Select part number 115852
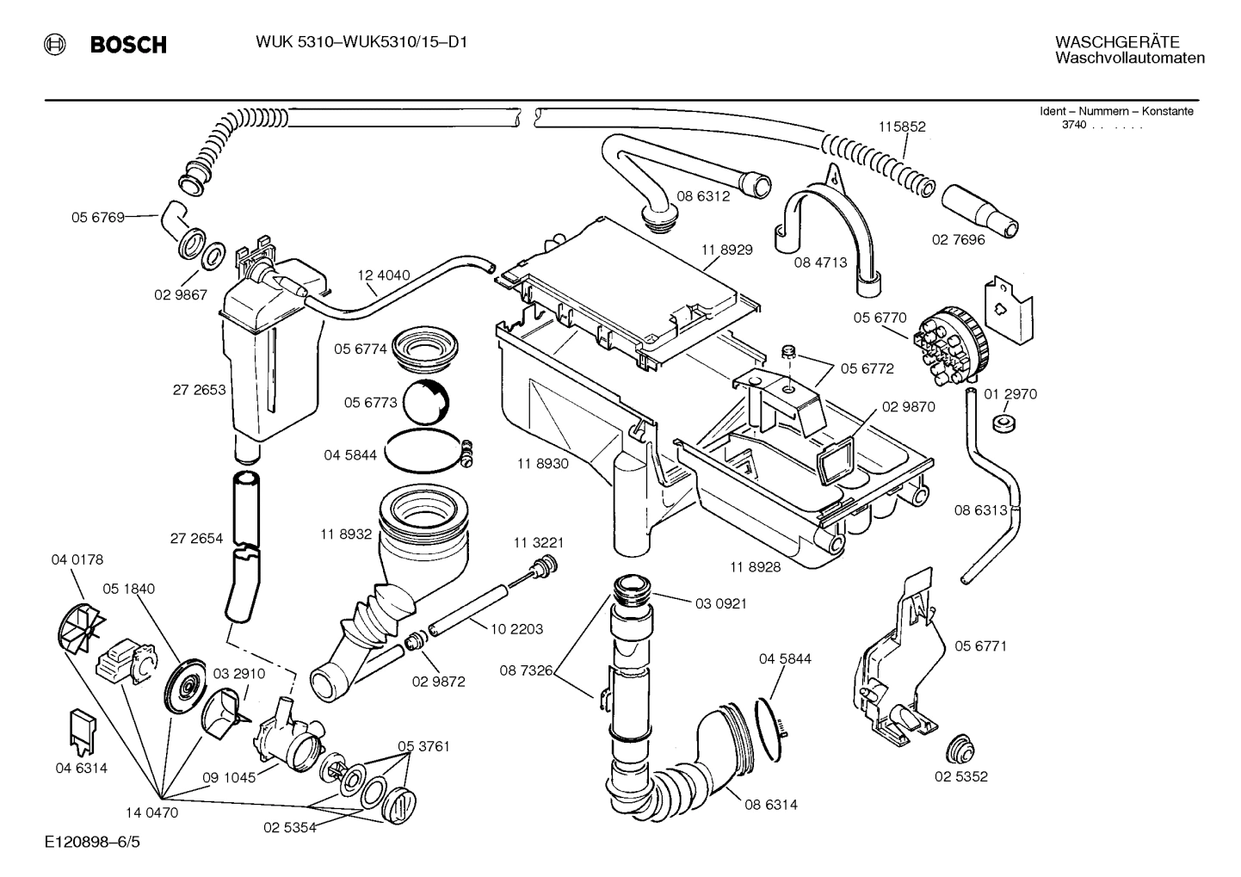click(x=901, y=127)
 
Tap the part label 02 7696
click(x=958, y=240)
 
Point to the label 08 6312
click(x=702, y=196)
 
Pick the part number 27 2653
click(x=199, y=390)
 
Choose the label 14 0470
click(x=151, y=812)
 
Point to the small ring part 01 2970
click(x=1002, y=423)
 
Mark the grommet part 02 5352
click(x=959, y=749)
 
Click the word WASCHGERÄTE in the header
click(x=1116, y=42)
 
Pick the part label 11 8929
click(x=726, y=250)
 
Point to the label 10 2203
click(x=516, y=629)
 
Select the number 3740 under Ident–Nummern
click(x=1073, y=125)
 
